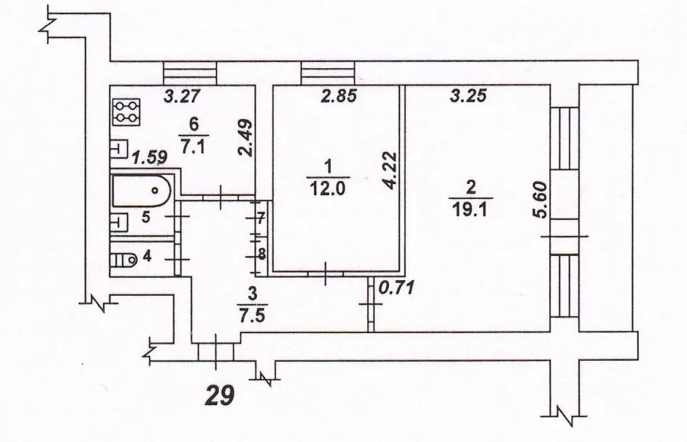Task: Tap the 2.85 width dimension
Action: [339, 97]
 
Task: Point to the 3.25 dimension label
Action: [469, 97]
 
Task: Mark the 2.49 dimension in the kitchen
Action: [245, 139]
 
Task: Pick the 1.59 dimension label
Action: [149, 157]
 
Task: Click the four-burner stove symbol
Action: [126, 112]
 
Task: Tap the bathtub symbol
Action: [141, 189]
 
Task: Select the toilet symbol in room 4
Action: [125, 260]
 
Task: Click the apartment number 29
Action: [222, 394]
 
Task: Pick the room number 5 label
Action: [146, 218]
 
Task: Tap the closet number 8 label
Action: [261, 253]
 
